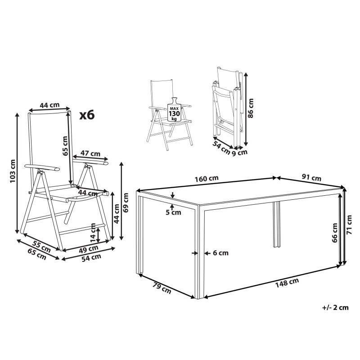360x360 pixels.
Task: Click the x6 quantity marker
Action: click(x=87, y=115)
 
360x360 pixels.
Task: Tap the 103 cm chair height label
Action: click(x=13, y=171)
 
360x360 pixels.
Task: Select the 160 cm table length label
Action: click(x=207, y=178)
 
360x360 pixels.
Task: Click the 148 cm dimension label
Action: click(x=287, y=283)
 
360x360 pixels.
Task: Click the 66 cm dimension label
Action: click(x=335, y=233)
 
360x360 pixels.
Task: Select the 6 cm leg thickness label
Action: click(x=220, y=253)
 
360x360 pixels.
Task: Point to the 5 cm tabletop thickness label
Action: click(x=173, y=212)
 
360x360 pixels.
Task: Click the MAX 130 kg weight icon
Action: click(x=175, y=109)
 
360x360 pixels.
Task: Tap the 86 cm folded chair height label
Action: click(x=251, y=108)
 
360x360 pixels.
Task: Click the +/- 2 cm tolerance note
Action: click(x=335, y=307)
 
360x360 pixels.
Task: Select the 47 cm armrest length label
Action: click(x=90, y=153)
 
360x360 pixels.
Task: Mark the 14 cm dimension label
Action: click(x=93, y=233)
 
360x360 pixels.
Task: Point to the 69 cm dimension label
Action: click(x=126, y=202)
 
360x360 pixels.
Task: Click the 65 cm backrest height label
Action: click(x=65, y=146)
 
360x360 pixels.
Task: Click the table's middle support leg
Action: click(x=276, y=225)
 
